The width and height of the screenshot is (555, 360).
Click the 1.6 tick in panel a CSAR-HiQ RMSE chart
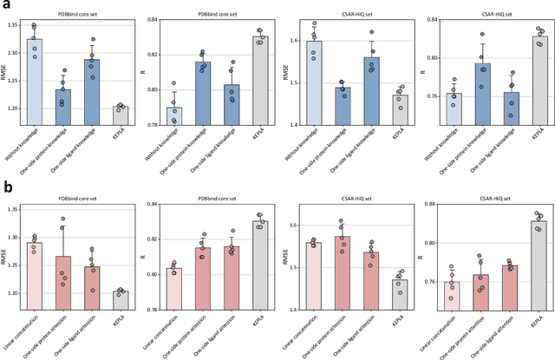coord(299,41)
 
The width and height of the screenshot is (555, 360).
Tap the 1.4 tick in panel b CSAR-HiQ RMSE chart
coord(299,310)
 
